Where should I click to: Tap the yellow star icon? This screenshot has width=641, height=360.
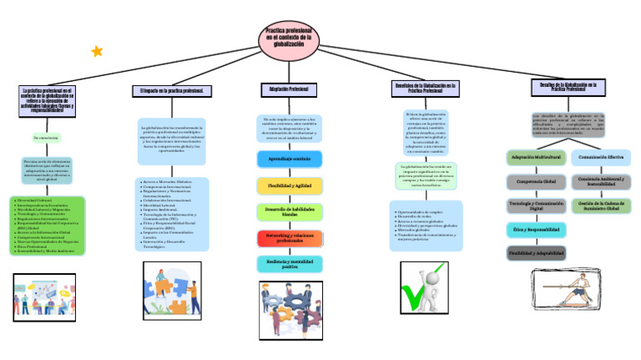coord(97,51)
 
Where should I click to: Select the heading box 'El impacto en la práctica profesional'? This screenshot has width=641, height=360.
coord(173,90)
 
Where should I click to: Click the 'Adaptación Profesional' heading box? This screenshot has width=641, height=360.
coord(289,89)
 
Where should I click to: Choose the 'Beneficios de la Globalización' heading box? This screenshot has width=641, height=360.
coord(426,88)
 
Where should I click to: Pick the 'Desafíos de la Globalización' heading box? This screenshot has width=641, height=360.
coord(568,87)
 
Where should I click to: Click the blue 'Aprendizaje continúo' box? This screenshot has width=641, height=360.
coord(289,159)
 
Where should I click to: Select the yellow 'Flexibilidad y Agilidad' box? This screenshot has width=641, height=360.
coord(289,185)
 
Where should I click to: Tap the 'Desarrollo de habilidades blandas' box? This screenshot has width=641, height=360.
coord(289,211)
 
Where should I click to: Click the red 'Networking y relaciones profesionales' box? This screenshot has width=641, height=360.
coord(289,238)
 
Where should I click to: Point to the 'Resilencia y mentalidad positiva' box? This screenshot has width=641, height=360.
coord(289,264)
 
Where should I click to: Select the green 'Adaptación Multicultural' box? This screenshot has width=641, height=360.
coord(535,157)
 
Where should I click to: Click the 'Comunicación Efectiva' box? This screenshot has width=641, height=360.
coord(601,157)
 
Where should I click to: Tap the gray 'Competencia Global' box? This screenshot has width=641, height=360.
coord(535,181)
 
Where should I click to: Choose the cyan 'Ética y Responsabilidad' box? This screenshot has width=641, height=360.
coord(535,229)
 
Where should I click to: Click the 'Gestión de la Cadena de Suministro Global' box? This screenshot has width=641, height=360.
coord(601,205)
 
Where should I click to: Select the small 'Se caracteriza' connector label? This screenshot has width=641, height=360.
coord(47,137)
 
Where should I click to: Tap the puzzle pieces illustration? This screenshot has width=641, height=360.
coord(172,289)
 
